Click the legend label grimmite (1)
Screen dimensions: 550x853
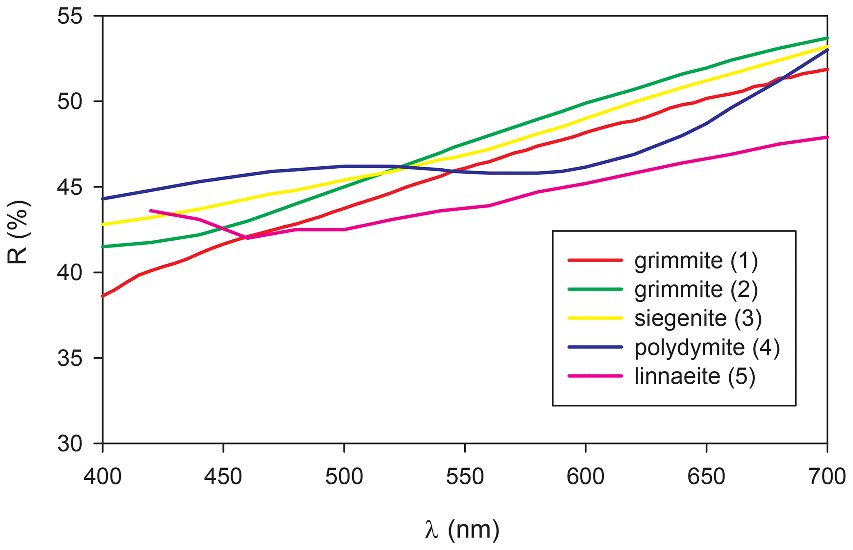coord(696,261)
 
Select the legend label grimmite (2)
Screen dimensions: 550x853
coord(696,290)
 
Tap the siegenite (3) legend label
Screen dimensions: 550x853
coord(697,319)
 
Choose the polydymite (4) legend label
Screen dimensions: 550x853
coord(707,347)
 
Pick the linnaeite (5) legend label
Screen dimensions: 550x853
coord(695,376)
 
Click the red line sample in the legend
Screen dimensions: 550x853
coord(595,260)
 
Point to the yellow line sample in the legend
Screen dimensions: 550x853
coord(595,318)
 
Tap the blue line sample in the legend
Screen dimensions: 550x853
coord(595,347)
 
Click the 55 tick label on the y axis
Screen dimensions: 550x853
coord(70,17)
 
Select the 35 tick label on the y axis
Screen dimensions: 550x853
coord(70,358)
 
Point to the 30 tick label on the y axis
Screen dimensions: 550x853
coord(70,444)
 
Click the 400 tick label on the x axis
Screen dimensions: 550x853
coord(102,477)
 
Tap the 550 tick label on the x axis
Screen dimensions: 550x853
coord(465,477)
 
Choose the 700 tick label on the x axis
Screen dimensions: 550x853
coord(827,477)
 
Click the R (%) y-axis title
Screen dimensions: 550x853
coord(19,232)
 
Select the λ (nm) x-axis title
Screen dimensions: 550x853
coord(462,530)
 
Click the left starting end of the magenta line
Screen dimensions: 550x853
coord(151,210)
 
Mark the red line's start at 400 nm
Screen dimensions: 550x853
coord(103,296)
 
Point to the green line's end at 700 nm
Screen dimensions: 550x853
coord(827,38)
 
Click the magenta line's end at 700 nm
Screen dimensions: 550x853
coord(827,137)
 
